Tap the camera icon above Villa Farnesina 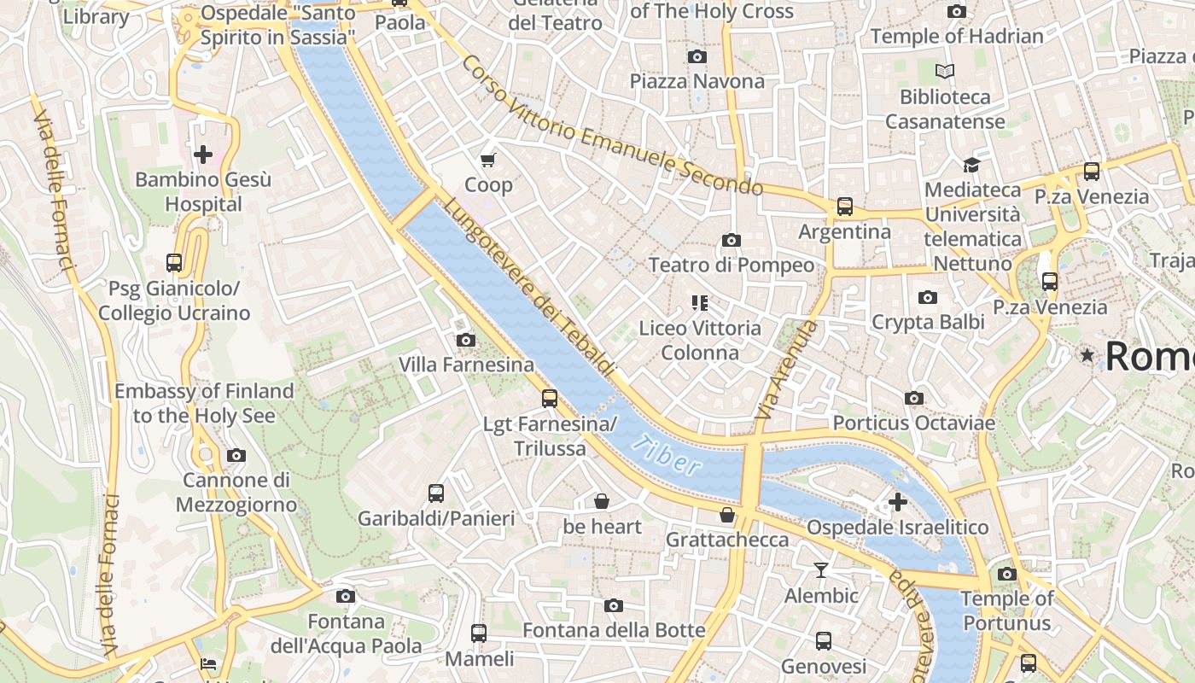point(466,340)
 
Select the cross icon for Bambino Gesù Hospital point(203,155)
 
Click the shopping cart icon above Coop point(488,160)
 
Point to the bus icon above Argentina point(844,207)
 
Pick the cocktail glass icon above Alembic point(821,570)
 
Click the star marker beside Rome point(1087,354)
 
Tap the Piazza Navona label point(697,81)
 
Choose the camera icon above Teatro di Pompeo point(732,241)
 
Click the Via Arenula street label point(786,369)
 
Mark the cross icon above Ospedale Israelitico point(898,502)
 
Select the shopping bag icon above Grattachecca point(727,515)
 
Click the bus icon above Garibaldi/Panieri point(436,493)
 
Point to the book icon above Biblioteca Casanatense point(944,71)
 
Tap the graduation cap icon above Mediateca point(971,164)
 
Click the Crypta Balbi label point(928,322)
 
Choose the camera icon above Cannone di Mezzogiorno point(236,455)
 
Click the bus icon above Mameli point(479,633)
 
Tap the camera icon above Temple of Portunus point(1007,574)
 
